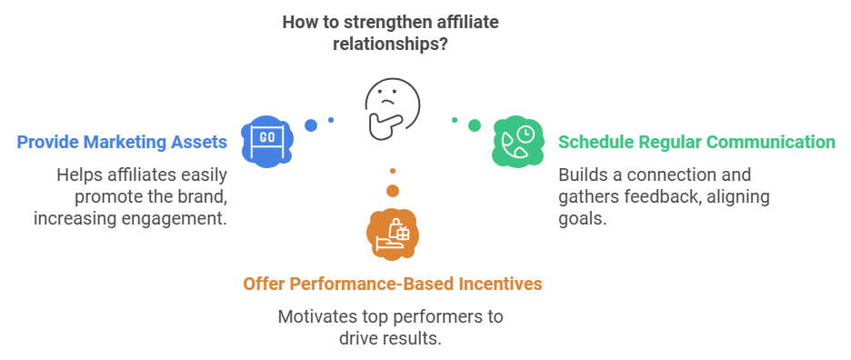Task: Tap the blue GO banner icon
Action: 267,141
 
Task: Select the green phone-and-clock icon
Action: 518,141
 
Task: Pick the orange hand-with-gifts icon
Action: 393,234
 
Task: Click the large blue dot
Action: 311,125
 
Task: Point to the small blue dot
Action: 331,120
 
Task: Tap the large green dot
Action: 475,125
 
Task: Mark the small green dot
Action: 455,120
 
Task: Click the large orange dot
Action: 393,191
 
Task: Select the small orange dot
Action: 393,171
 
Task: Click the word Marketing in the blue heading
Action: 128,142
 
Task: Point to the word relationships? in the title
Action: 390,43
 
